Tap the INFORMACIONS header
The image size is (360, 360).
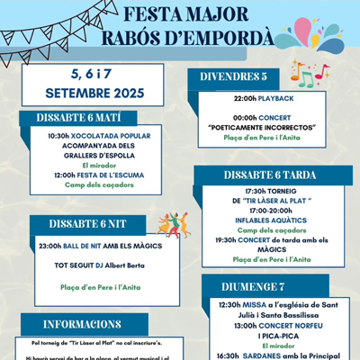pos(82,323)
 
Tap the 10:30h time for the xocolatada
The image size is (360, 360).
pos(58,136)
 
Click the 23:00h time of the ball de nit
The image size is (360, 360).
pos(51,245)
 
